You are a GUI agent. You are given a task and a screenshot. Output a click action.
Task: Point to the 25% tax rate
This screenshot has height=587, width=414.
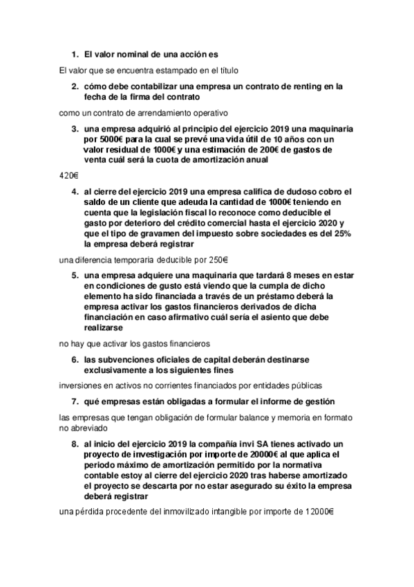point(340,234)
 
